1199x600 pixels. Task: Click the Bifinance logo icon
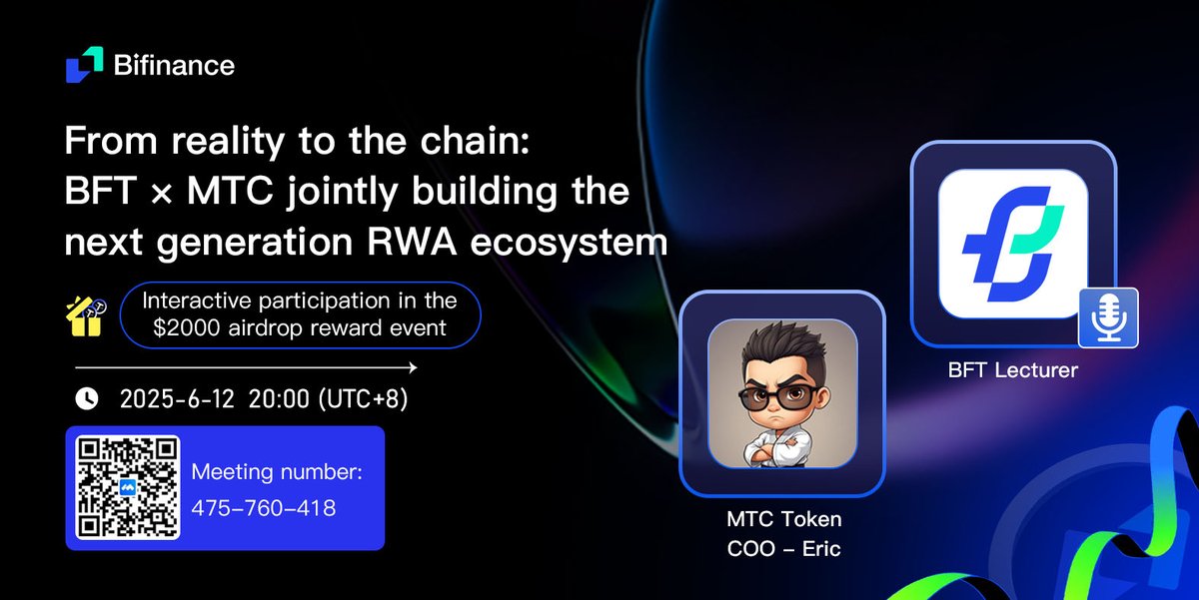pos(85,64)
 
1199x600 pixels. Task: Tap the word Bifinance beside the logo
pos(174,65)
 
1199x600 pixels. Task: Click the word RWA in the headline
pos(412,242)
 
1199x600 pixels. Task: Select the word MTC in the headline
pos(230,191)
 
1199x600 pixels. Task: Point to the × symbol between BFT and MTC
pos(161,194)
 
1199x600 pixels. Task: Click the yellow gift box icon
pos(86,316)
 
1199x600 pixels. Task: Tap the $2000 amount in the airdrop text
pos(186,327)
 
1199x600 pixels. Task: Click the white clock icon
pos(87,399)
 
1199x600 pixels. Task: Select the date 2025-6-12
pos(177,399)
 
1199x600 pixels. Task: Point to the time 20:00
pos(279,399)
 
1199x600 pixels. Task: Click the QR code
pos(128,487)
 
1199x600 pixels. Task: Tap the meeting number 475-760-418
pos(264,508)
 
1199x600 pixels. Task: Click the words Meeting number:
pos(277,472)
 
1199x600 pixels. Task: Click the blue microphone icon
pos(1108,318)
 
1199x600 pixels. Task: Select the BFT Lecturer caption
pos(1013,370)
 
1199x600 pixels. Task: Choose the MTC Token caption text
pos(784,519)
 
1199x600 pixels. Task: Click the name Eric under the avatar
pos(821,549)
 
